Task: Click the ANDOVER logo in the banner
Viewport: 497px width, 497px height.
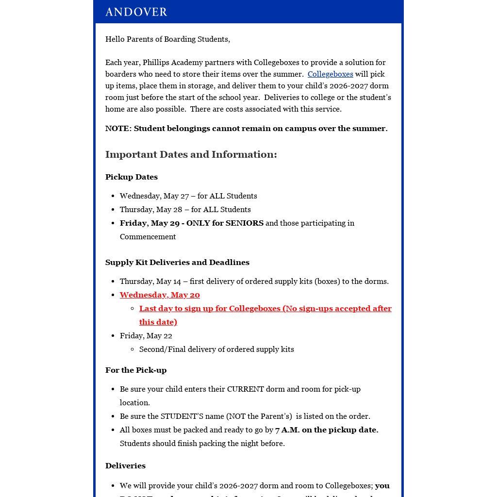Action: click(136, 12)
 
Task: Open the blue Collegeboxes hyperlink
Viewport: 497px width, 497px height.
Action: click(330, 74)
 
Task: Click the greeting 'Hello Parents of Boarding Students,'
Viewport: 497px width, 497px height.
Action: click(167, 39)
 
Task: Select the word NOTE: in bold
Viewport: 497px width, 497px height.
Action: click(118, 129)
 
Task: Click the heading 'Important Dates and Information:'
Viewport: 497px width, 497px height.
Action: click(191, 154)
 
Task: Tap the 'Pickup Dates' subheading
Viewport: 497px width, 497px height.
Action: click(132, 177)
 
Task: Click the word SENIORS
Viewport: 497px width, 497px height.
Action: click(244, 223)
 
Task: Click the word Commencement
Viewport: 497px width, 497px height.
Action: click(148, 237)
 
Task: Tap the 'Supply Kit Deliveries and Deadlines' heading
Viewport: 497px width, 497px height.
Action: click(177, 263)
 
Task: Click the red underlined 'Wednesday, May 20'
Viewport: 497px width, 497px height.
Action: click(160, 295)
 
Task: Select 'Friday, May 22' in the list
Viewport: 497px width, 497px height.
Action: click(146, 336)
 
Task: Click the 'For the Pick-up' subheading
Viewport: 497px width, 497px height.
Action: click(136, 370)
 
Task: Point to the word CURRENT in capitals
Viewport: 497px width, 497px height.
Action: click(245, 389)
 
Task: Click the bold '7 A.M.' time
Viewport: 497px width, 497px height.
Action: click(287, 430)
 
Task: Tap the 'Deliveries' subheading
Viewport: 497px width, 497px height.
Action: click(125, 466)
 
